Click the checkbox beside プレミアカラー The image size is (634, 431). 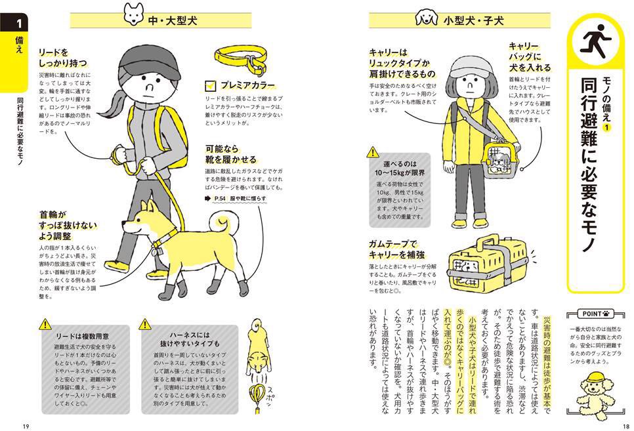(x=210, y=85)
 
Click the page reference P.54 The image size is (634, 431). (x=219, y=198)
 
